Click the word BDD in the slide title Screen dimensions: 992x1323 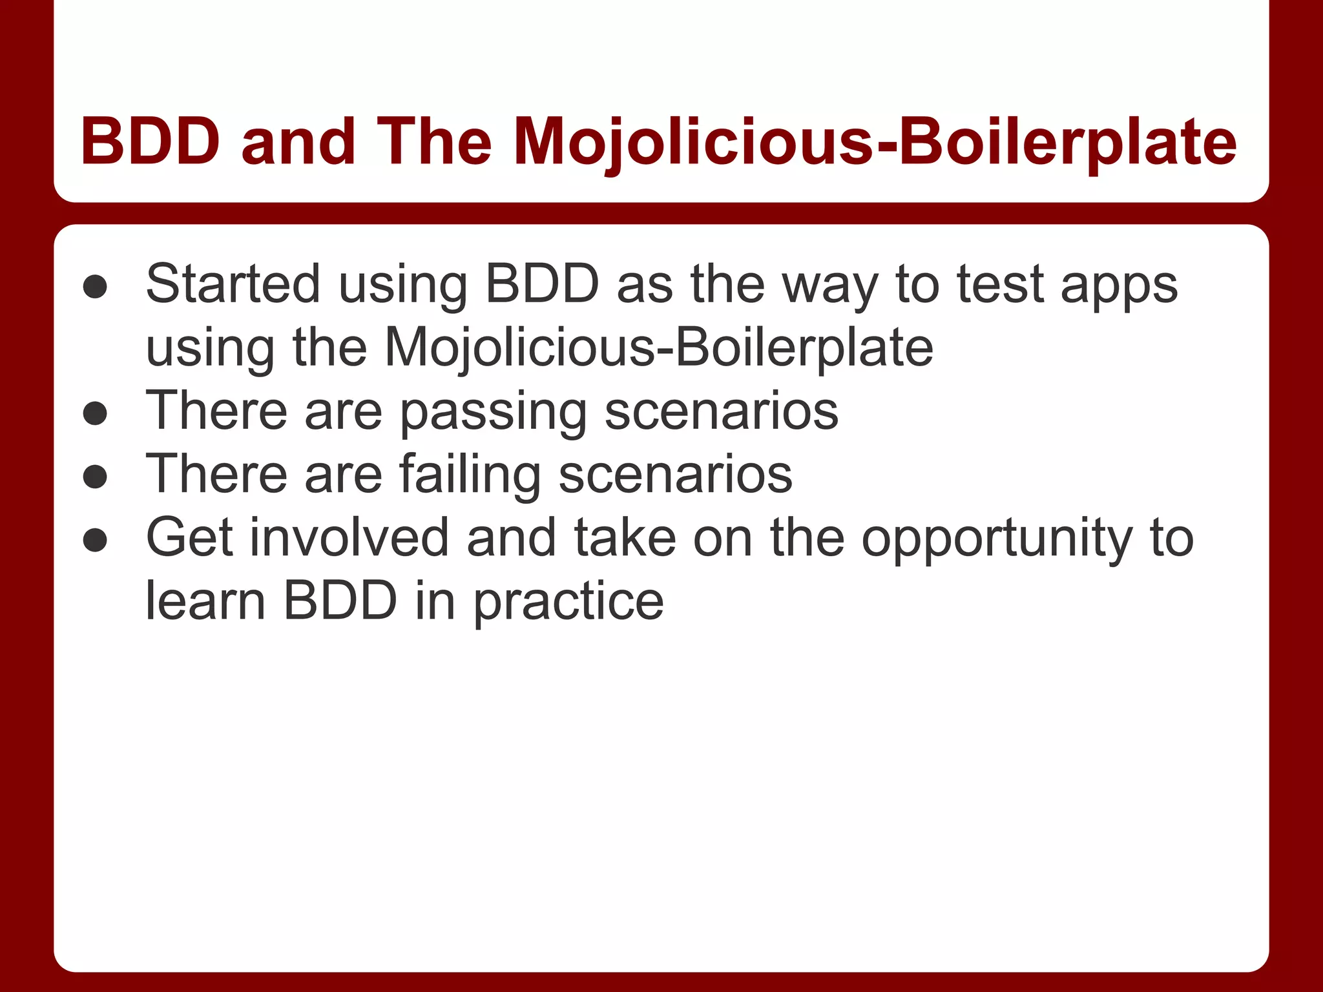coord(150,141)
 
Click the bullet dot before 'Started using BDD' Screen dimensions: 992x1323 coord(95,286)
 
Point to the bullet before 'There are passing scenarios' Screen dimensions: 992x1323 coord(95,413)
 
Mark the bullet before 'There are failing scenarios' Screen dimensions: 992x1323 coord(95,477)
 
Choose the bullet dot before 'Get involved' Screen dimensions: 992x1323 coord(95,540)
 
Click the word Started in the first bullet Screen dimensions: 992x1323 coord(233,284)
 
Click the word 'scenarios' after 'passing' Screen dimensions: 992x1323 coord(721,411)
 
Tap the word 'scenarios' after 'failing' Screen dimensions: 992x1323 coord(675,474)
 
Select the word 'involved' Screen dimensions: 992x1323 coord(349,537)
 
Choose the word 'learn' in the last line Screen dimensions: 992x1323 coord(205,601)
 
